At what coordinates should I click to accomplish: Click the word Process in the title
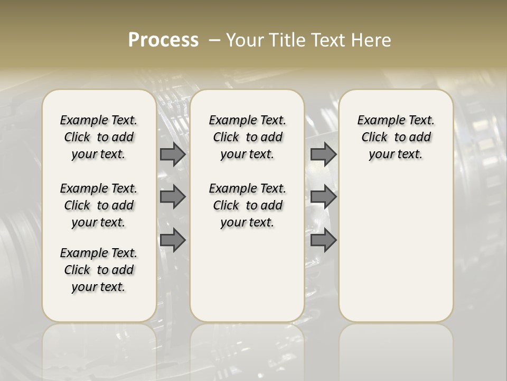pyautogui.click(x=163, y=40)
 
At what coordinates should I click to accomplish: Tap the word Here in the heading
pyautogui.click(x=371, y=40)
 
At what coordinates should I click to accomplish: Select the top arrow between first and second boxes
pyautogui.click(x=173, y=155)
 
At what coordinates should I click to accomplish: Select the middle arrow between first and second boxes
pyautogui.click(x=173, y=197)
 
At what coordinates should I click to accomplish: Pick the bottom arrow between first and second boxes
pyautogui.click(x=173, y=240)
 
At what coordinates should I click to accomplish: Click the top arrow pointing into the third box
pyautogui.click(x=323, y=155)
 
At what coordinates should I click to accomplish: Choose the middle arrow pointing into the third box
pyautogui.click(x=323, y=197)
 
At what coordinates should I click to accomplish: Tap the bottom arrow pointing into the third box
pyautogui.click(x=323, y=240)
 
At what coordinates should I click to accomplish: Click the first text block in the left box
pyautogui.click(x=99, y=137)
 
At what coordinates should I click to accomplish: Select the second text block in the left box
pyautogui.click(x=99, y=205)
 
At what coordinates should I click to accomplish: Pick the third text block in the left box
pyautogui.click(x=99, y=270)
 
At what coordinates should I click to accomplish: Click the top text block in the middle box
pyautogui.click(x=247, y=137)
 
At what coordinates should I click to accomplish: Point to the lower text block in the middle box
pyautogui.click(x=247, y=205)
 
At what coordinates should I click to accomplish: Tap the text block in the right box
pyautogui.click(x=396, y=137)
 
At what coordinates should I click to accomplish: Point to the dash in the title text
pyautogui.click(x=215, y=40)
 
